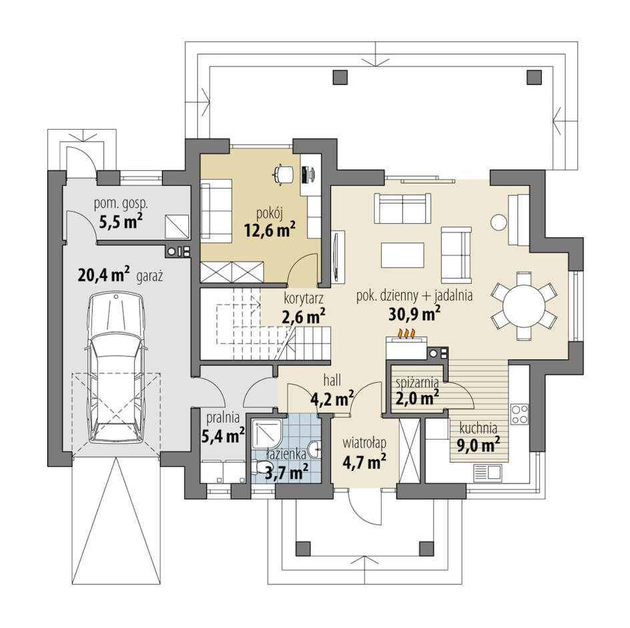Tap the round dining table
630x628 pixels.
pos(524,306)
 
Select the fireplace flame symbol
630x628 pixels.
pos(406,333)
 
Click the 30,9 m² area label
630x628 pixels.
pos(414,314)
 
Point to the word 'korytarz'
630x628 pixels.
pos(304,299)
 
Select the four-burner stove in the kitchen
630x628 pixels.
pos(519,414)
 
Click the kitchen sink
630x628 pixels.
pos(487,473)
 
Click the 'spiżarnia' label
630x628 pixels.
pos(416,382)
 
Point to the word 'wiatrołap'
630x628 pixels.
pos(364,442)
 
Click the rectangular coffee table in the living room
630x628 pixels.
pos(402,255)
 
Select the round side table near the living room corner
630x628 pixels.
pos(499,222)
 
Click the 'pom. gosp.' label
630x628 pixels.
pos(121,204)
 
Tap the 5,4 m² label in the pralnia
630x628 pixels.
pos(223,436)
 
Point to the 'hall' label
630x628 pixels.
pos(332,379)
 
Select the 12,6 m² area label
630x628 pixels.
pos(270,230)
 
